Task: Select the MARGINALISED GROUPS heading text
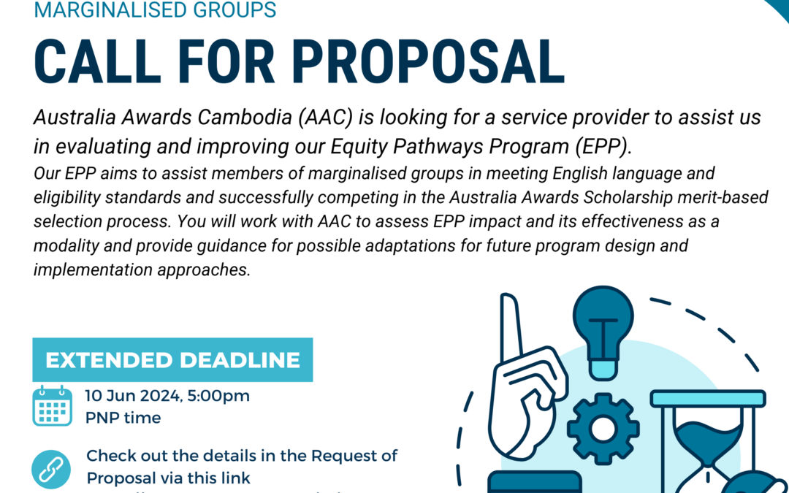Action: click(x=156, y=10)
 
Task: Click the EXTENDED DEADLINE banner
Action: click(x=172, y=359)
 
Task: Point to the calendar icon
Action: click(x=52, y=405)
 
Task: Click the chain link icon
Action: click(x=52, y=469)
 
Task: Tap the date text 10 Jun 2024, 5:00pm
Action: click(x=167, y=397)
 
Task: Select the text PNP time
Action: click(x=123, y=419)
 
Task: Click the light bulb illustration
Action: click(x=603, y=329)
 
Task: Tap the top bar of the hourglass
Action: click(x=708, y=398)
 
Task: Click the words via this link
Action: click(x=205, y=478)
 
